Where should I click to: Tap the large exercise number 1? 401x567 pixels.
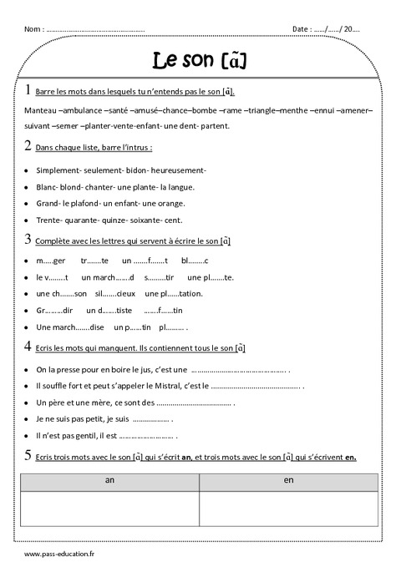tap(29, 90)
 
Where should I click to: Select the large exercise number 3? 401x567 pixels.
tap(29, 240)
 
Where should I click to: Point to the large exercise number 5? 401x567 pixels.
tap(29, 455)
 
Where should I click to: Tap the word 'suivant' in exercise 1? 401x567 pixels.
tap(38, 126)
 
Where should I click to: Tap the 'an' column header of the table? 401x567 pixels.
tap(110, 480)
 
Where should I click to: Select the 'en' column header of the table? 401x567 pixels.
tap(289, 480)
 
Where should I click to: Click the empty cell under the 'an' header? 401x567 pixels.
tap(110, 509)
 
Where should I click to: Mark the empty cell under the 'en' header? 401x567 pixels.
tap(289, 509)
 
